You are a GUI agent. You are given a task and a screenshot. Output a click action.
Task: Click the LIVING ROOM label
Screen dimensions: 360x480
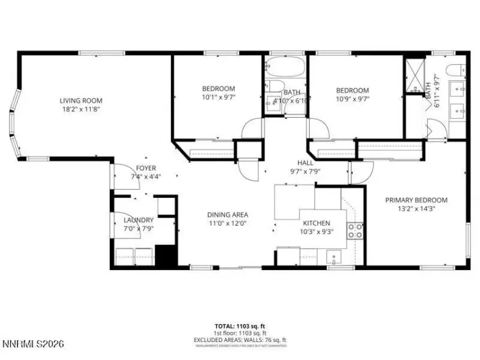(81, 100)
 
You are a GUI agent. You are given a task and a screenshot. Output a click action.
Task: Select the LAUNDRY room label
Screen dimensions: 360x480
(138, 220)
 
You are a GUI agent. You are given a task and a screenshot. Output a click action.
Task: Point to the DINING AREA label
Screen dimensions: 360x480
(227, 215)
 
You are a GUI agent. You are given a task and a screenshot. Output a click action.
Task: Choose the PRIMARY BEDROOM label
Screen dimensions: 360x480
(416, 200)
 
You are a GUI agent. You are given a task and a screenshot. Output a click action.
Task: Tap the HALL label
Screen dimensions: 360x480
(305, 163)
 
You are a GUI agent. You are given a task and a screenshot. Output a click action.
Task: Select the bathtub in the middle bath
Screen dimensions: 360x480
(287, 66)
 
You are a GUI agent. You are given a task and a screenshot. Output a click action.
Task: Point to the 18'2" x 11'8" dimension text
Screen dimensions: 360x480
(81, 109)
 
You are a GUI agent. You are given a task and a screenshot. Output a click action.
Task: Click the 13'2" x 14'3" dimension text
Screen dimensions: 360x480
(416, 209)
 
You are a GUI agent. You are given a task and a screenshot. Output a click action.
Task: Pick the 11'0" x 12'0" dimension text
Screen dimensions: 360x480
(227, 224)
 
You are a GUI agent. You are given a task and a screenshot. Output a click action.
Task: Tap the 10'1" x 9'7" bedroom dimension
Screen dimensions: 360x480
(218, 98)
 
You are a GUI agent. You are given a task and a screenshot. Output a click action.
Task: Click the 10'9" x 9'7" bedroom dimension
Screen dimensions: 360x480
(353, 100)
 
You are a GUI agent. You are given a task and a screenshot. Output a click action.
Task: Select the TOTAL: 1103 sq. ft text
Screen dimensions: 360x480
(240, 326)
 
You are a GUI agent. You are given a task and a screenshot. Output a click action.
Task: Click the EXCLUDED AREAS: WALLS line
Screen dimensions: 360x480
(240, 339)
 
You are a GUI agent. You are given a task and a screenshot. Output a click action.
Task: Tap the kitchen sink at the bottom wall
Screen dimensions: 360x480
(334, 257)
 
